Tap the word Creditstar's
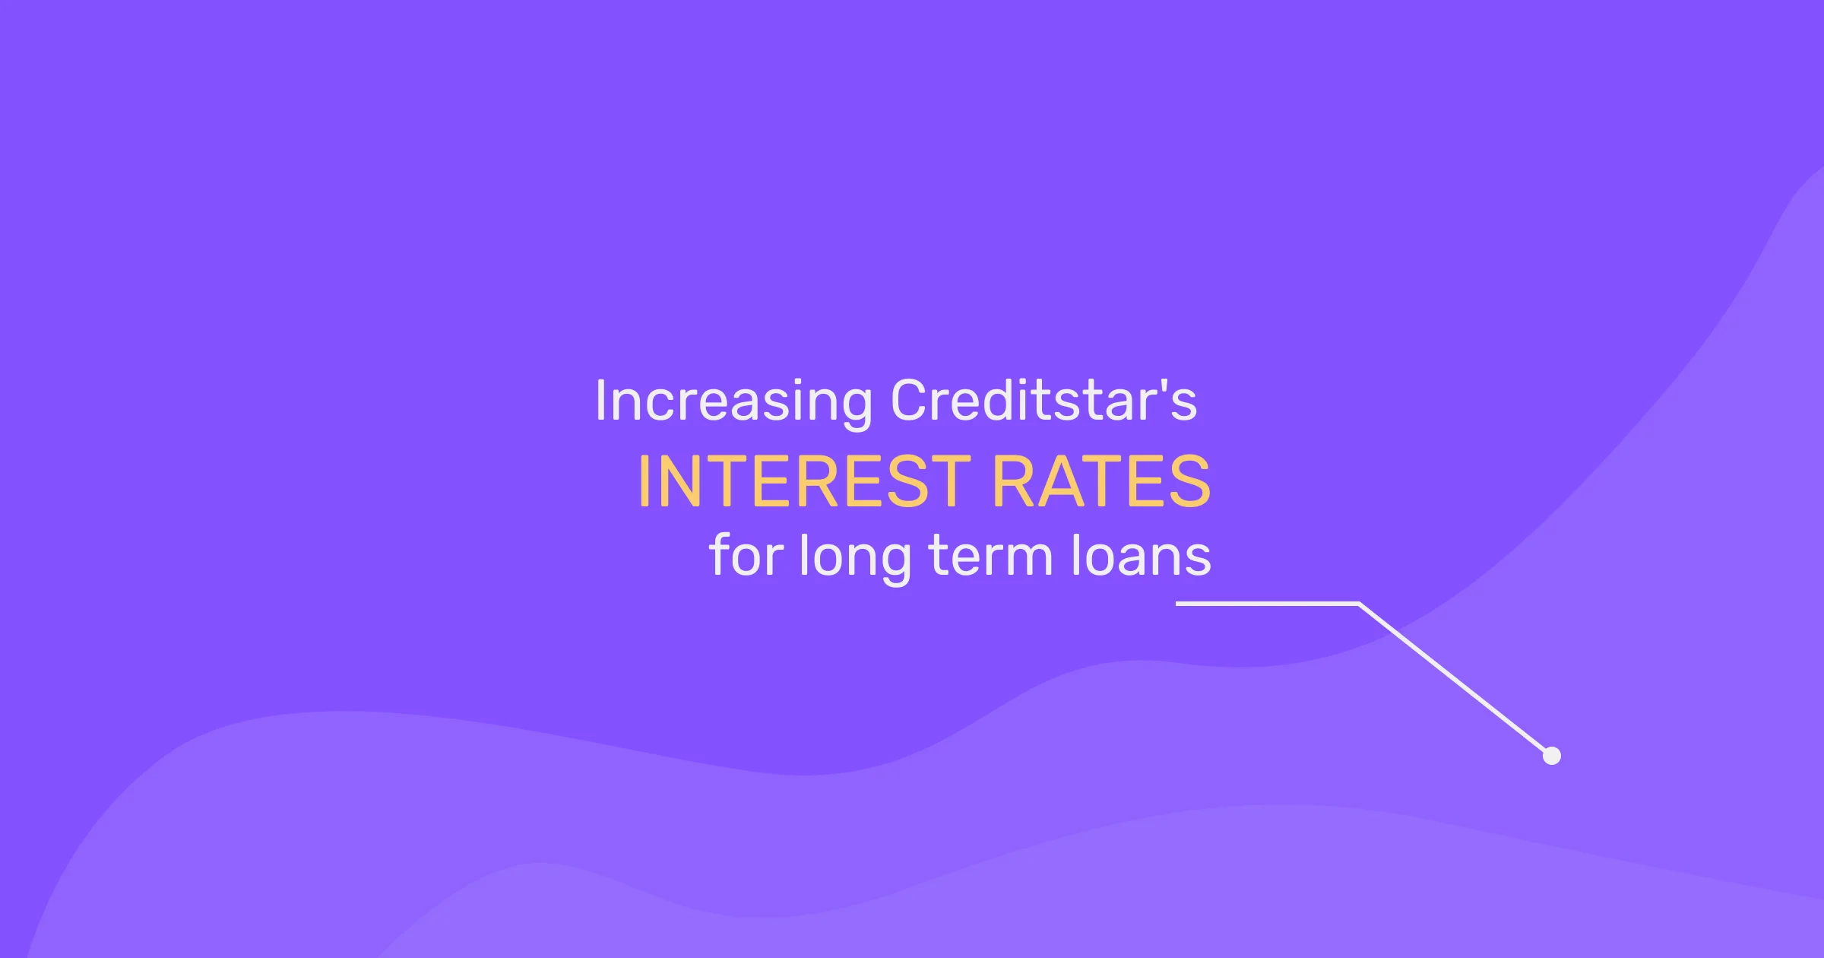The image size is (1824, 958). click(x=1043, y=399)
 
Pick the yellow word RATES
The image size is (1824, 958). click(x=1101, y=481)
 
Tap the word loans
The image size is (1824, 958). click(x=1141, y=555)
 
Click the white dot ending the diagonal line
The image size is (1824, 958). click(x=1552, y=756)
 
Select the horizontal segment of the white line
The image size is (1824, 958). click(x=1268, y=604)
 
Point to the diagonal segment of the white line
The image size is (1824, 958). click(x=1455, y=679)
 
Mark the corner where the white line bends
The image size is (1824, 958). click(x=1359, y=604)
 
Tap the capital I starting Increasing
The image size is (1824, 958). click(x=600, y=401)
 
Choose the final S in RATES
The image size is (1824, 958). click(x=1190, y=481)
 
